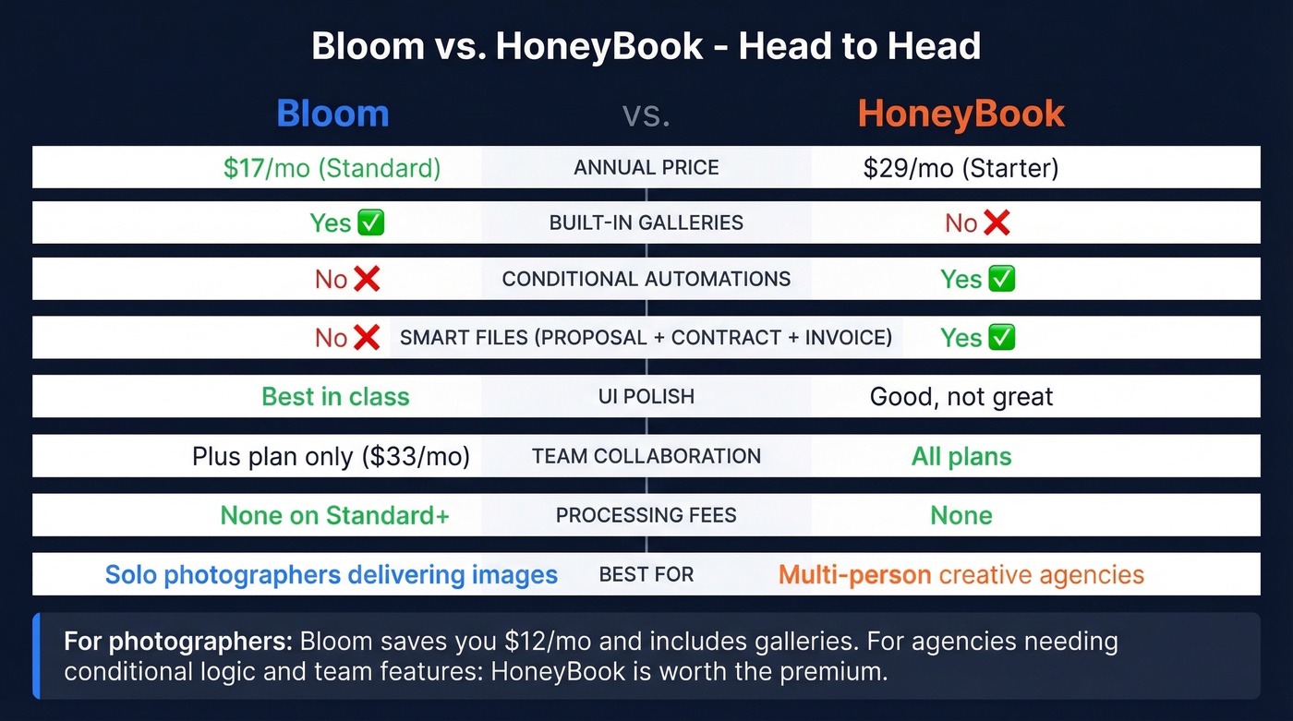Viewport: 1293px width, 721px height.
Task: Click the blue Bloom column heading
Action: [332, 114]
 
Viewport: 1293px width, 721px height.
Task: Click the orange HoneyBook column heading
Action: [961, 114]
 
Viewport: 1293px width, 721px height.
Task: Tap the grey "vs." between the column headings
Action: [646, 114]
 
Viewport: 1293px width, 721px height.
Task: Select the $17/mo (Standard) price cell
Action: [332, 168]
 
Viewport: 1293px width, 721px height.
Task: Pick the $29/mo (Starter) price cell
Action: [961, 168]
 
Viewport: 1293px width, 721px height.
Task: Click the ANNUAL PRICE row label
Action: [646, 168]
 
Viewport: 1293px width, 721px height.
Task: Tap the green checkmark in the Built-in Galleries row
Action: [370, 222]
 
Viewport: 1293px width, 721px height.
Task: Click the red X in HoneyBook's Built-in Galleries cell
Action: [996, 222]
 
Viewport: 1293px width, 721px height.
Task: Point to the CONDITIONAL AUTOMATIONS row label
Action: [646, 279]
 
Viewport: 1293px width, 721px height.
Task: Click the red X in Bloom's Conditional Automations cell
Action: [367, 279]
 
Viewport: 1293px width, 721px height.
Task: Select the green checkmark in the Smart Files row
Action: [1001, 337]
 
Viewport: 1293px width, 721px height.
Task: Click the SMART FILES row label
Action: [646, 337]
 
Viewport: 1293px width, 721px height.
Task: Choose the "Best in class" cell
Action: [335, 397]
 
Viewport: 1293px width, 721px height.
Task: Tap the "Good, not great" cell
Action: [961, 397]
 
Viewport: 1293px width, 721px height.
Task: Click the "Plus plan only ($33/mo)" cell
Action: [331, 456]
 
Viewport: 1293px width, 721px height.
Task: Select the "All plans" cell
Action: [961, 456]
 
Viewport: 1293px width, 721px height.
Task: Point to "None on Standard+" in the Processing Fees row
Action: [334, 515]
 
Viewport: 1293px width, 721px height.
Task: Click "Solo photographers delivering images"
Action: [331, 575]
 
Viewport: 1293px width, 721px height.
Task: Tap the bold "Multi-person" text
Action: [854, 575]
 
